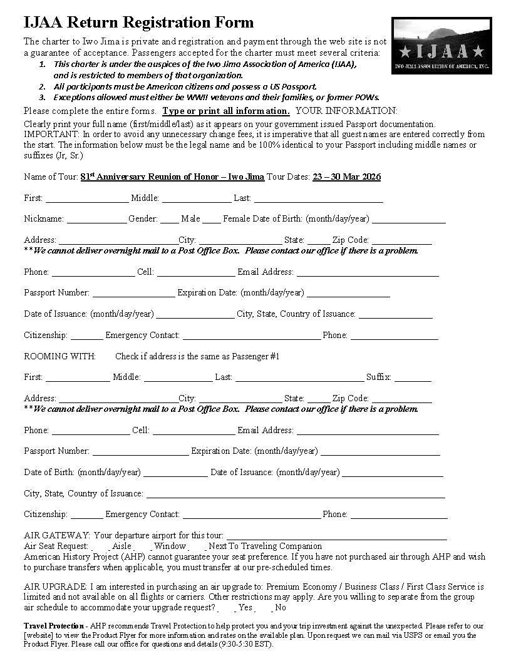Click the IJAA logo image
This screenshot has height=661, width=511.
tap(441, 46)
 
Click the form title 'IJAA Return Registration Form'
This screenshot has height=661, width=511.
tap(138, 23)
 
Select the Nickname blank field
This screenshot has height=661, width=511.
tap(96, 219)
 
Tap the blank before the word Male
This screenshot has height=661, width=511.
tap(169, 219)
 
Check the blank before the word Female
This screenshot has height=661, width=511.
tap(212, 219)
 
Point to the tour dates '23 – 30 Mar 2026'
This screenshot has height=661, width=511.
tap(346, 177)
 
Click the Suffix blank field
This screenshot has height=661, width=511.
tap(412, 377)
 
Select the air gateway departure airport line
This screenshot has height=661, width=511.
tap(336, 536)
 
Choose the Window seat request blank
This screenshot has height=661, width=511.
tap(144, 546)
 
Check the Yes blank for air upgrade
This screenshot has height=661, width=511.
tap(228, 608)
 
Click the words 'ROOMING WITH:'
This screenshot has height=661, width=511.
tap(59, 356)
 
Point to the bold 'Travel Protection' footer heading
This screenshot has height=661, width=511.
tap(54, 626)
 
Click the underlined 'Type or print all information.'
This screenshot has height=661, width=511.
tap(225, 111)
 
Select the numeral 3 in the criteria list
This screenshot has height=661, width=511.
tap(42, 97)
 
